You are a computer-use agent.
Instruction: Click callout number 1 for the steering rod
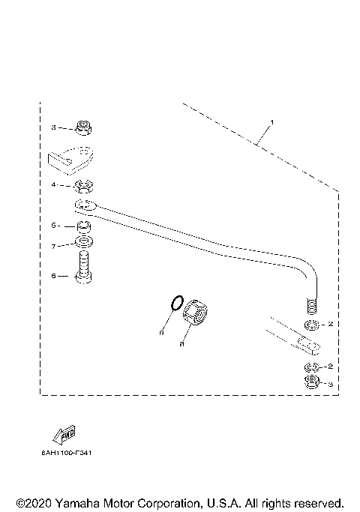coord(272,121)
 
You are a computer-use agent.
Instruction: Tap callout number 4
coord(54,184)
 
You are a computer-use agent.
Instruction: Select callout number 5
coord(54,225)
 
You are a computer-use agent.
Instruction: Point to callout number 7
coord(54,245)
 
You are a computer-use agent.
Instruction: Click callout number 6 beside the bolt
coord(54,275)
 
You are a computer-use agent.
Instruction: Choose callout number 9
coord(161,331)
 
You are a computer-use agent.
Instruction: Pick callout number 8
coord(181,345)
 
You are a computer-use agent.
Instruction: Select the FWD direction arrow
coord(64,435)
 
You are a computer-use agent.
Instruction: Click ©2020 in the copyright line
coord(32,502)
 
